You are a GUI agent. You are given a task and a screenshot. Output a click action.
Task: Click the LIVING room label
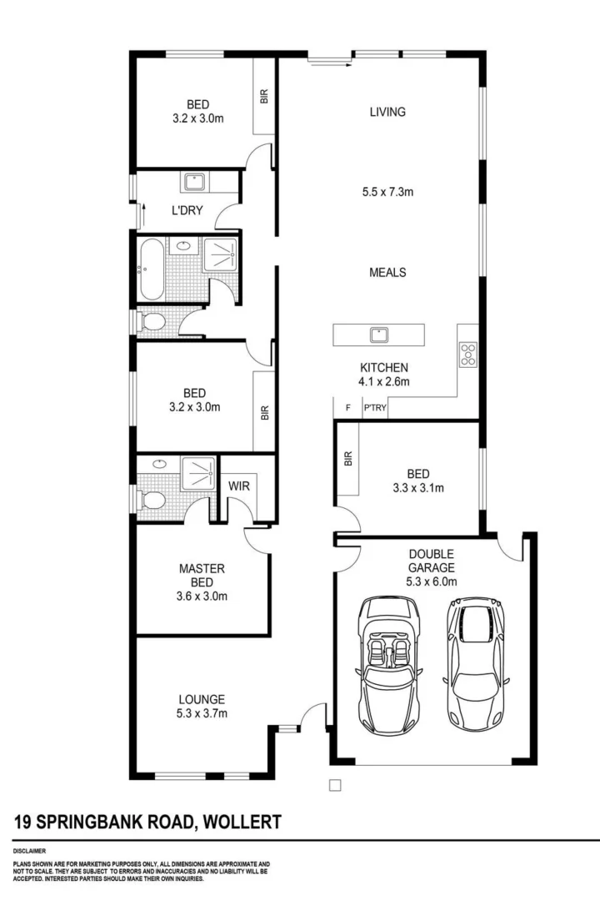(387, 112)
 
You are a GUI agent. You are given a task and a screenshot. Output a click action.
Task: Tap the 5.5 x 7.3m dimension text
(387, 192)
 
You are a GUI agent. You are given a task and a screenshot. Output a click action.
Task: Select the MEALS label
(388, 272)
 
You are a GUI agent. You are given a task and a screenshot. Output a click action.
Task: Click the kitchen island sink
(379, 335)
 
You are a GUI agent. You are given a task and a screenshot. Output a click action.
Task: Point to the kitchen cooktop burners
(468, 355)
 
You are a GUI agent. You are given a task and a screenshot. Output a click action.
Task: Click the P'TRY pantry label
(373, 408)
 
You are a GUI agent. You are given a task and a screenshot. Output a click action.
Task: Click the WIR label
(239, 485)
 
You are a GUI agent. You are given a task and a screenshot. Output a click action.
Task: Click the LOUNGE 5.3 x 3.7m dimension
(202, 712)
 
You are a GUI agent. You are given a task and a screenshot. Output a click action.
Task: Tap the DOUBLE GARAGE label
(430, 560)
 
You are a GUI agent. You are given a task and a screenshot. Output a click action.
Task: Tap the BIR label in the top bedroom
(265, 97)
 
